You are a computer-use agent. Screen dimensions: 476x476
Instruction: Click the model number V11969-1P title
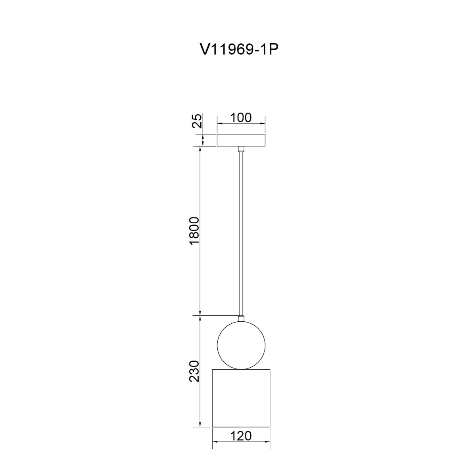tap(239, 50)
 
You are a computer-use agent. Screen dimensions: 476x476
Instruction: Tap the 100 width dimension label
tap(241, 117)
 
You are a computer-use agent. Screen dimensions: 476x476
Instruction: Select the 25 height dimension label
tap(197, 121)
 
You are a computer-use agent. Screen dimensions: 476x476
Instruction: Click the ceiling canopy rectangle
tap(241, 140)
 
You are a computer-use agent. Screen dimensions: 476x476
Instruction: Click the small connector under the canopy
tap(241, 149)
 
